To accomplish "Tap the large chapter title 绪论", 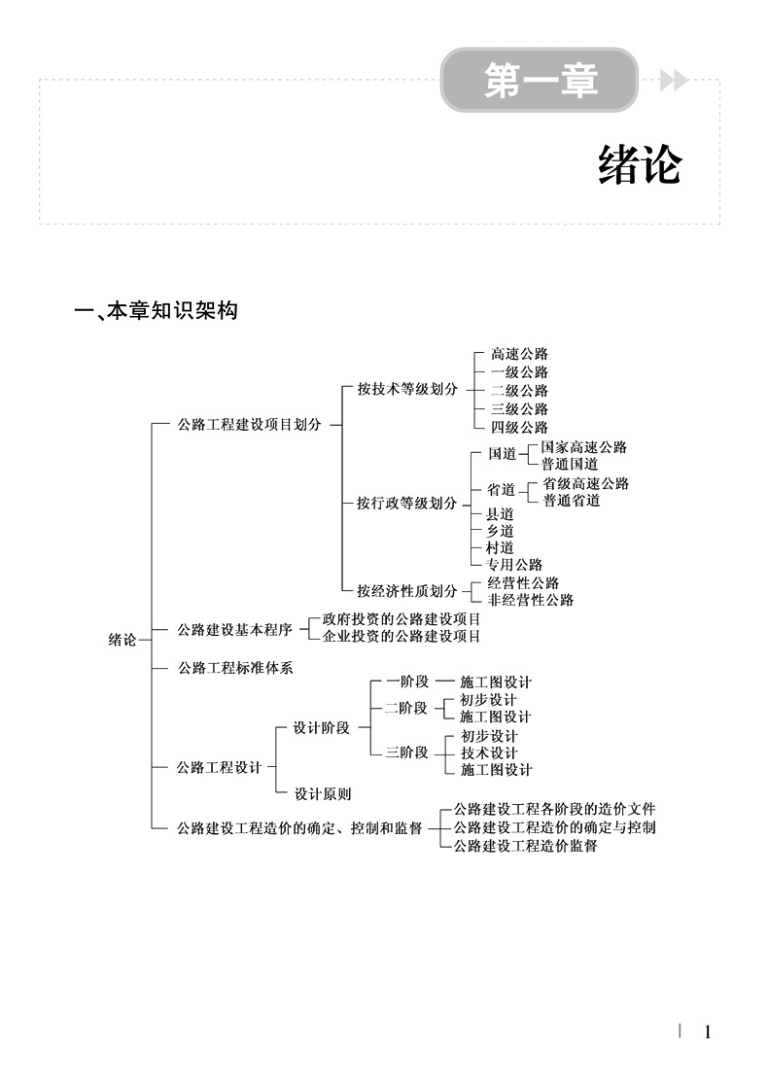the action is coord(639,166).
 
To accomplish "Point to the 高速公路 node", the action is coord(519,354).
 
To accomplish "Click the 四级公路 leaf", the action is coord(519,427).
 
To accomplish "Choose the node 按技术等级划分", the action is coord(406,389).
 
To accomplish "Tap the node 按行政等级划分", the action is coord(406,503).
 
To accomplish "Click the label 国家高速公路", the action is coord(583,447).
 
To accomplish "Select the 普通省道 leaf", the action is coord(572,501).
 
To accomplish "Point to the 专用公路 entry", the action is coord(514,565).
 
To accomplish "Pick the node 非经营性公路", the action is coord(530,600).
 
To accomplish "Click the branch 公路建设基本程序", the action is coord(234,629).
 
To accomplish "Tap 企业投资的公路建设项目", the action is coord(401,637).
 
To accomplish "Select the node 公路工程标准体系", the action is coord(234,668).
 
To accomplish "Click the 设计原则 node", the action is coord(323,793).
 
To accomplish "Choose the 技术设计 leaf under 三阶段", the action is coord(489,752).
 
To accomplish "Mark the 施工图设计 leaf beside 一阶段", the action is coord(495,682).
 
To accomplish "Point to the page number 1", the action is coord(708,1032).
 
